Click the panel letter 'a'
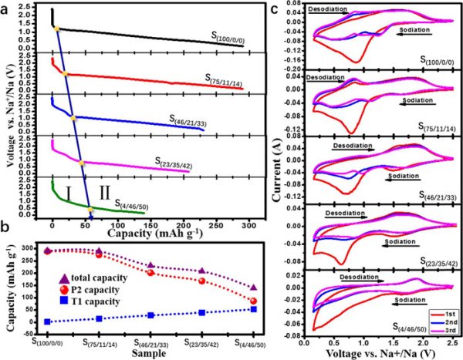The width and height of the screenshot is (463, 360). [x=7, y=8]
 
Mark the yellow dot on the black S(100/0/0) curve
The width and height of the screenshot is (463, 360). [x=56, y=29]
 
